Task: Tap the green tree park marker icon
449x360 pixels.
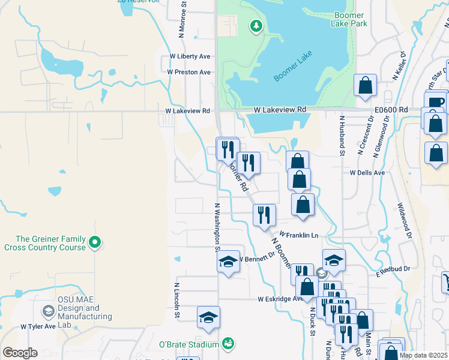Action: pyautogui.click(x=256, y=26)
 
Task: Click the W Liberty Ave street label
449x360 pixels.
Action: pyautogui.click(x=189, y=56)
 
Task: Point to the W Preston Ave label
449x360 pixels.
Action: pyautogui.click(x=188, y=72)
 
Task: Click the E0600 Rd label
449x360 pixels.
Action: pyautogui.click(x=391, y=110)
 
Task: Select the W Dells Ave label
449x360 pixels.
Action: pyautogui.click(x=367, y=172)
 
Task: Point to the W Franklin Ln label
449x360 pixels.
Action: pyautogui.click(x=298, y=235)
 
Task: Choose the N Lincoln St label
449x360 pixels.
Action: pyautogui.click(x=177, y=299)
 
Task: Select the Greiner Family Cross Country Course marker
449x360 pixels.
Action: pyautogui.click(x=94, y=242)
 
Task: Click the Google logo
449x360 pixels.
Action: pyautogui.click(x=19, y=353)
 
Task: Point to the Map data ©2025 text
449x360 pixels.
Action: pyautogui.click(x=423, y=355)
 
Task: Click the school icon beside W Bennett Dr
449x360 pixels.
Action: pyautogui.click(x=228, y=262)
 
